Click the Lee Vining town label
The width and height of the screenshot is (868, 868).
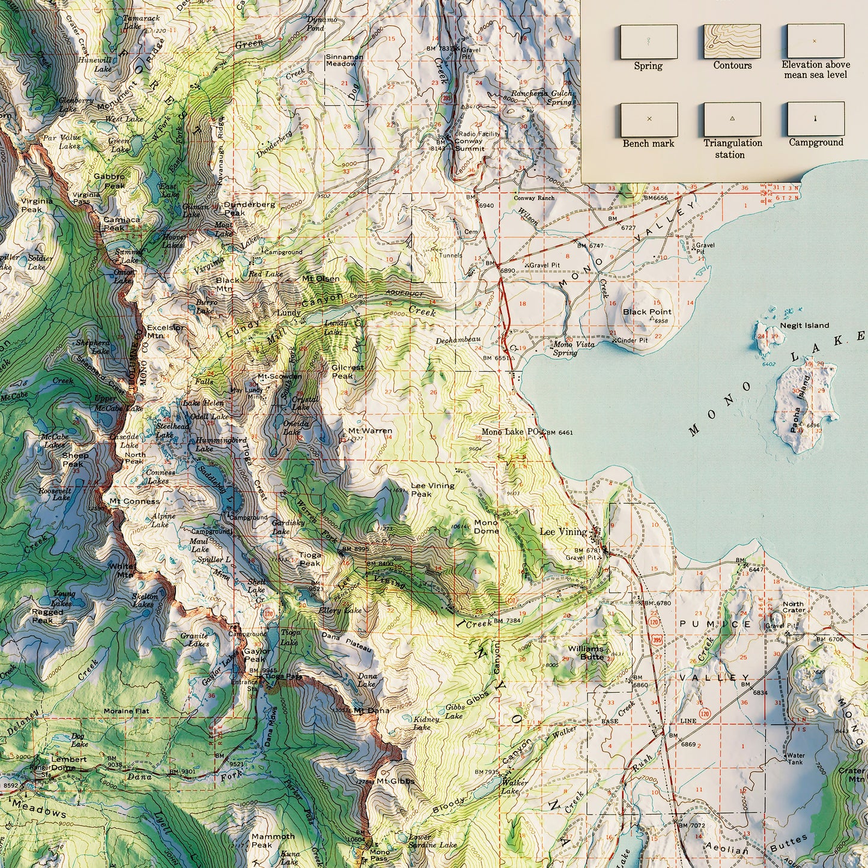point(563,532)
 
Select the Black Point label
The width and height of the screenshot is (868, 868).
point(646,312)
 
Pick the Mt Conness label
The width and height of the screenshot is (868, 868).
point(135,501)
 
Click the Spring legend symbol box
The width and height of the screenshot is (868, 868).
point(648,41)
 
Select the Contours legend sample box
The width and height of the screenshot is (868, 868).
point(732,41)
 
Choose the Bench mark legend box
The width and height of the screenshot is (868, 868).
point(648,119)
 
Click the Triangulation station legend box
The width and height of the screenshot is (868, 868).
point(732,119)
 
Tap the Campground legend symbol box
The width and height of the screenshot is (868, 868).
point(816,119)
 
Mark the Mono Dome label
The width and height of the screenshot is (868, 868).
point(486,527)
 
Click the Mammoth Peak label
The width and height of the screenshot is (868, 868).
point(273,840)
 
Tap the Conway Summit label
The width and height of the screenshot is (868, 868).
point(468,145)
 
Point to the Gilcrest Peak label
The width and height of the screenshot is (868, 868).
point(347,371)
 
